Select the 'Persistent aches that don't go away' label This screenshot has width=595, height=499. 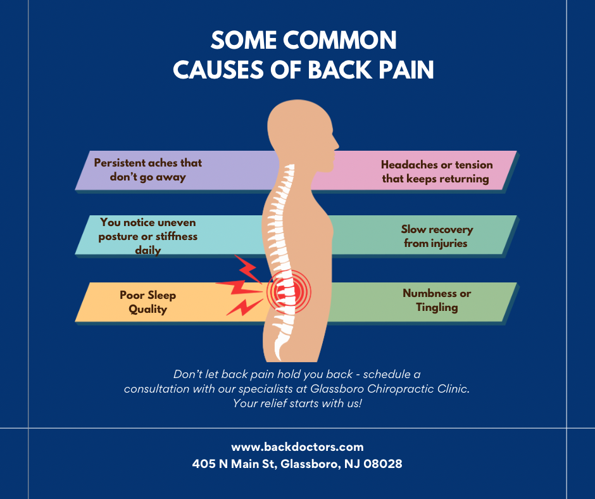click(148, 170)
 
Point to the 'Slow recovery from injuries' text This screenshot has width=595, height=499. click(436, 236)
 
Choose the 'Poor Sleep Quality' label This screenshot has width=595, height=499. click(147, 302)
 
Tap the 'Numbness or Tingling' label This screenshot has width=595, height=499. click(436, 301)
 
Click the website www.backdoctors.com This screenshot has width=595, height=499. click(297, 447)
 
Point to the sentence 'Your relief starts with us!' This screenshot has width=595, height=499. click(297, 403)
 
